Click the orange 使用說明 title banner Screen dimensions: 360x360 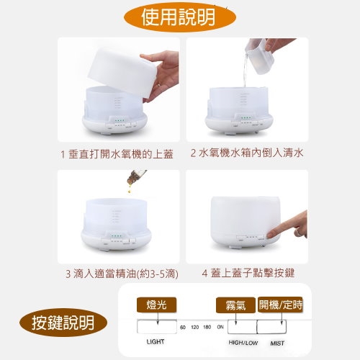pyautogui.click(x=180, y=17)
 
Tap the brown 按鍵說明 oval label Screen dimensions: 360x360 pyautogui.click(x=63, y=323)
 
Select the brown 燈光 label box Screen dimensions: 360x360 pyautogui.click(x=156, y=305)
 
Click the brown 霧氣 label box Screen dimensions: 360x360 pyautogui.click(x=235, y=305)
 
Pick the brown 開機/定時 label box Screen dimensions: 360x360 pyautogui.click(x=280, y=305)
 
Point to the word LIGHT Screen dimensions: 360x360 pyautogui.click(x=156, y=341)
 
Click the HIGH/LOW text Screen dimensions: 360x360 pyautogui.click(x=243, y=343)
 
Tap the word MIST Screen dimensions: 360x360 pyautogui.click(x=277, y=343)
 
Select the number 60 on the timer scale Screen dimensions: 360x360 pyautogui.click(x=183, y=327)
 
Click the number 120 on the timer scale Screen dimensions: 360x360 pyautogui.click(x=195, y=327)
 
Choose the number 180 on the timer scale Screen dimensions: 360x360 pyautogui.click(x=207, y=327)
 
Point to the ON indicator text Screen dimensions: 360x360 pyautogui.click(x=220, y=327)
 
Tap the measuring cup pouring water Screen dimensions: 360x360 pyautogui.click(x=259, y=55)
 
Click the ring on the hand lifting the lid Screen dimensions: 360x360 pyautogui.click(x=159, y=84)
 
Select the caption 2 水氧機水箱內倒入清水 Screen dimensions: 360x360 pyautogui.click(x=247, y=153)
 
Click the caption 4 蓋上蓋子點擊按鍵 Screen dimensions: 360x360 pyautogui.click(x=248, y=273)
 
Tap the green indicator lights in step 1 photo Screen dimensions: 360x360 pyautogui.click(x=120, y=121)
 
